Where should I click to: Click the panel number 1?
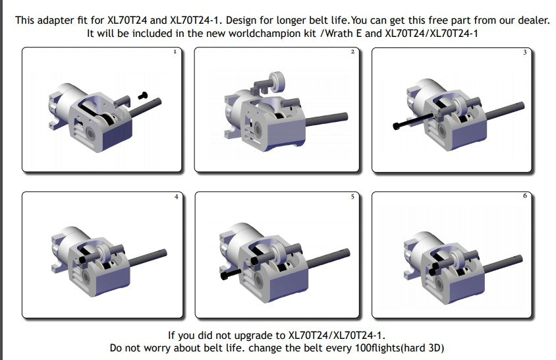(x=175, y=52)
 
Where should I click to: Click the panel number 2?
(x=352, y=52)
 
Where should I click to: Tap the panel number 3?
(x=525, y=53)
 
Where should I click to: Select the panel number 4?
(x=177, y=196)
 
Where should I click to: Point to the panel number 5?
(x=352, y=196)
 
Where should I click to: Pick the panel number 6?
(x=525, y=196)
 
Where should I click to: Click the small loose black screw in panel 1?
(x=142, y=95)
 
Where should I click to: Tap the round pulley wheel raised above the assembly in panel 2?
(x=277, y=82)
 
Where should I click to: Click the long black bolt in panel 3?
(x=413, y=121)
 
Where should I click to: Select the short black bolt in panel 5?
(x=231, y=274)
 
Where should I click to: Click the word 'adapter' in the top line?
(x=56, y=20)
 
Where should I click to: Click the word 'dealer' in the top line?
(x=533, y=20)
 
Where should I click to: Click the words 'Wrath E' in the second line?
(x=343, y=34)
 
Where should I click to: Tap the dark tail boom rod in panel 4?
(x=148, y=258)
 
